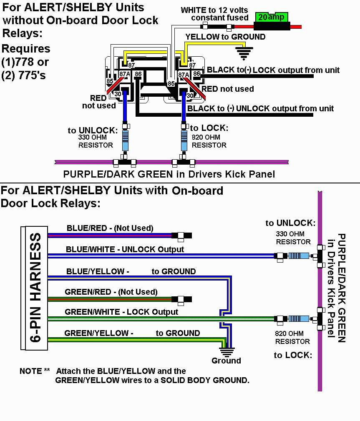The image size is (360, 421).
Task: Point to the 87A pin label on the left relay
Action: pos(125,74)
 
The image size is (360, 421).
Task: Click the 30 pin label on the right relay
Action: pos(190,95)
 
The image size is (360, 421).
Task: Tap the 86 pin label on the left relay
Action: pos(138,74)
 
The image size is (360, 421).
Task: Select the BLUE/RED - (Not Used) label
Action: pos(110,228)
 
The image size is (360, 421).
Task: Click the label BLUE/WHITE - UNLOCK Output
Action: pos(125,249)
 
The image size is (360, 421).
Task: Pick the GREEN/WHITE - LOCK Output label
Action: pos(121,312)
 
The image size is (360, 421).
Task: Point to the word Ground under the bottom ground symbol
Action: pos(226,361)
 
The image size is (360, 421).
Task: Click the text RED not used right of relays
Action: pos(228,89)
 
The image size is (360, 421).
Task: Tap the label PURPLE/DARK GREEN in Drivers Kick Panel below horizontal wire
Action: pos(169,174)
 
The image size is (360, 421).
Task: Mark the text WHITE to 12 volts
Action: pos(214,10)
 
